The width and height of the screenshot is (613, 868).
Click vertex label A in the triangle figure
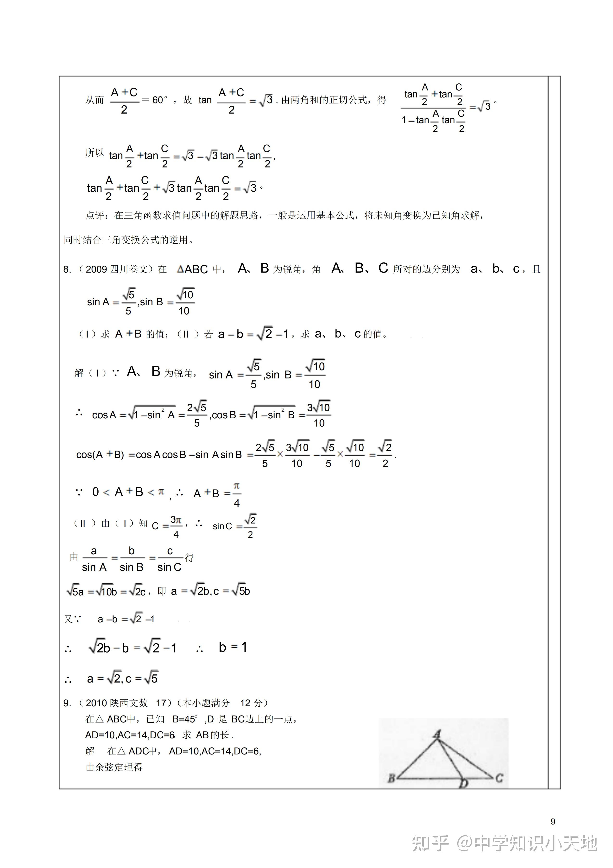coord(437,734)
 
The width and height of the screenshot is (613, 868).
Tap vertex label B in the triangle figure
coord(392,779)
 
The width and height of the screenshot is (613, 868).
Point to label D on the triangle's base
coord(463,783)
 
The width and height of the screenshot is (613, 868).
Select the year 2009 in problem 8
coord(96,269)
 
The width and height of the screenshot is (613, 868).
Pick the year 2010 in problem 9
coord(96,703)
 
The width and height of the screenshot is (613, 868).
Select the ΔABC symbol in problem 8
coord(192,269)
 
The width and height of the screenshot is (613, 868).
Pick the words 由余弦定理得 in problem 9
coord(114,767)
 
